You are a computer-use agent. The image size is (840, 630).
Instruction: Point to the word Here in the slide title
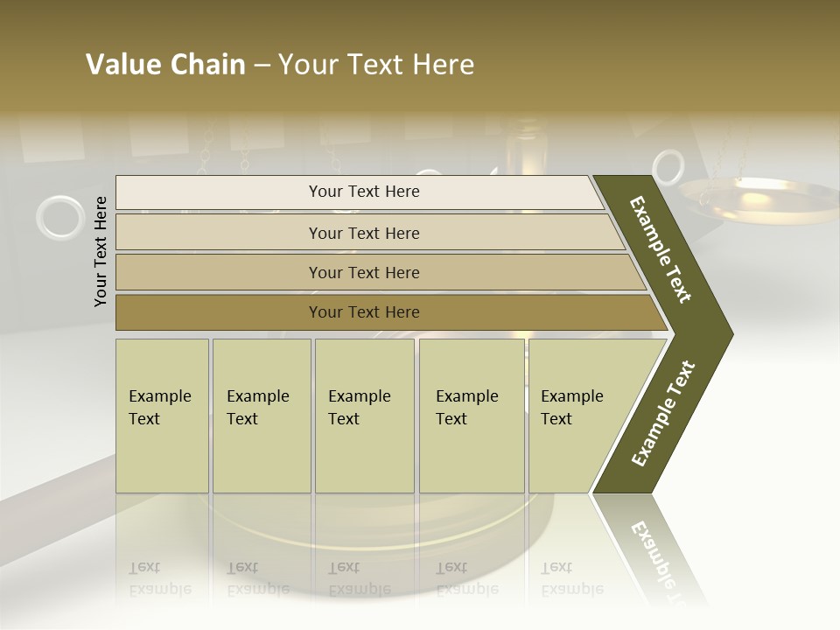(443, 65)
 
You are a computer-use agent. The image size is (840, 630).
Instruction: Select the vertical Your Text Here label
(101, 251)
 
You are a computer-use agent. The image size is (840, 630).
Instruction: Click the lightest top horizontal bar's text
(364, 192)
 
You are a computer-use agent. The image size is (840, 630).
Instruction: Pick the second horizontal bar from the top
(364, 233)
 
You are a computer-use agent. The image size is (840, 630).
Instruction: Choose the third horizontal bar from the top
(364, 273)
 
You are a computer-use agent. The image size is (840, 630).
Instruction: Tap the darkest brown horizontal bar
(364, 312)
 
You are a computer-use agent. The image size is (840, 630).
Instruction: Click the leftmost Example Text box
(162, 416)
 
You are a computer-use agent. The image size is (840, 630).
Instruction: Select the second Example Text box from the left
(262, 416)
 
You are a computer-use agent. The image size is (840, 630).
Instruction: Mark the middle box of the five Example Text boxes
(364, 416)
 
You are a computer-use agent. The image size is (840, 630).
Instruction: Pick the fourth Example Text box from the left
(471, 416)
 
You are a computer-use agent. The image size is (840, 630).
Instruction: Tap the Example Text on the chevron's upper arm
(661, 249)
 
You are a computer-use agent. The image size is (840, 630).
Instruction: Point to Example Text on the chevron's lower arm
(663, 413)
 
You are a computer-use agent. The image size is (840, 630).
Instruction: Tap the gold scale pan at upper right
(744, 193)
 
